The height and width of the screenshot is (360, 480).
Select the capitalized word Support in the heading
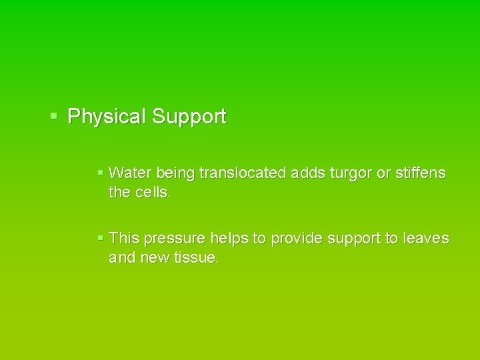click(x=189, y=117)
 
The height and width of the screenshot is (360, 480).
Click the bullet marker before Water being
click(x=100, y=173)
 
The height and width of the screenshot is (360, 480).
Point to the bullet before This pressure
click(x=100, y=237)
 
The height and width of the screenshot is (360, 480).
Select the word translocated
click(x=242, y=173)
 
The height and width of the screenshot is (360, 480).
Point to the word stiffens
click(x=421, y=173)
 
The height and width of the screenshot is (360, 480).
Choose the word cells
click(x=153, y=193)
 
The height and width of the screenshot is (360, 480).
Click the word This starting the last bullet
click(x=124, y=238)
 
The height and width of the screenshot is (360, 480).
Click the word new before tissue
click(x=154, y=258)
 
